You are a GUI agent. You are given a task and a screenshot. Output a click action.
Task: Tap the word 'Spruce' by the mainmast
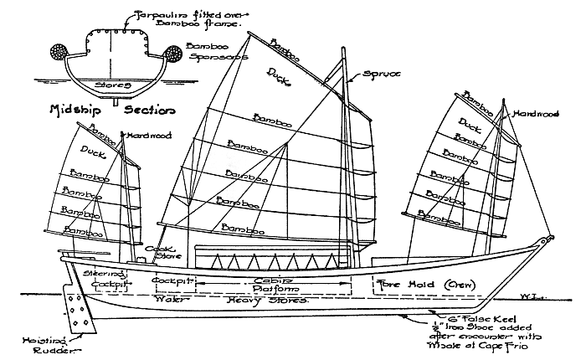[383, 75]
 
